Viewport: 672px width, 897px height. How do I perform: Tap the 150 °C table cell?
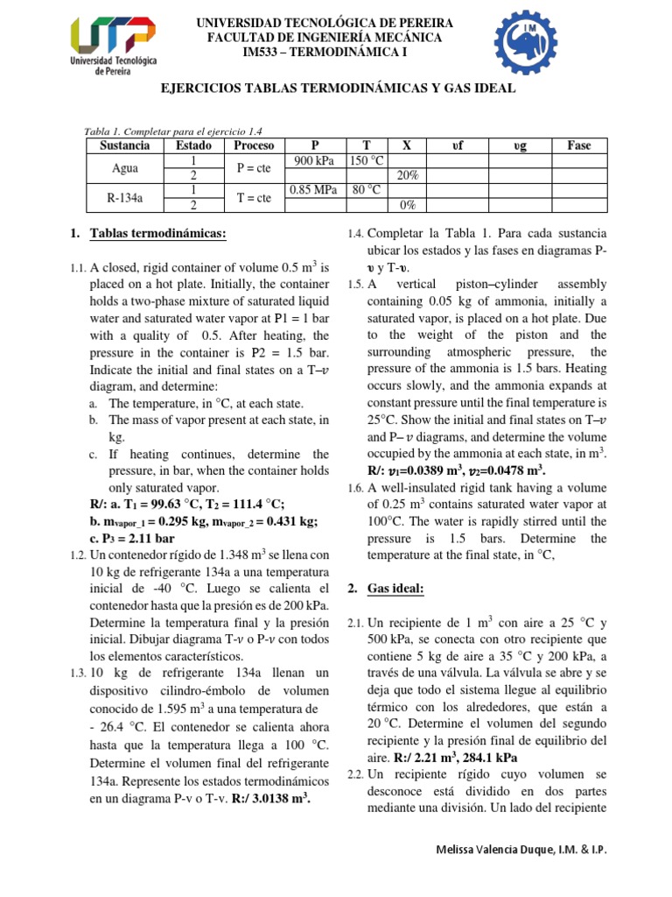click(366, 160)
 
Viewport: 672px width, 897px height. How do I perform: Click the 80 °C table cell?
click(366, 190)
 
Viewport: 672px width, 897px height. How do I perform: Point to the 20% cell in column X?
click(407, 175)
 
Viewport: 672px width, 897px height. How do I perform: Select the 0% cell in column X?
click(407, 205)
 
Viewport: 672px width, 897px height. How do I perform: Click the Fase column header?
click(579, 145)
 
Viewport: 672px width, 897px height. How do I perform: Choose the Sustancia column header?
click(124, 145)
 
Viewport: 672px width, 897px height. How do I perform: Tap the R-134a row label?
click(124, 198)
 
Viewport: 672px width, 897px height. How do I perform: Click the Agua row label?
click(124, 168)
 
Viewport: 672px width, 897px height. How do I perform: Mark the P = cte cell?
click(254, 168)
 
